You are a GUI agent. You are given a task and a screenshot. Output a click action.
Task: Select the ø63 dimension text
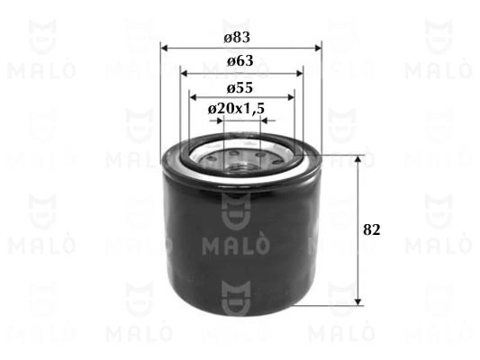pyautogui.click(x=239, y=61)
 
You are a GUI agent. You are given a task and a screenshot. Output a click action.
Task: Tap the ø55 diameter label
pyautogui.click(x=239, y=87)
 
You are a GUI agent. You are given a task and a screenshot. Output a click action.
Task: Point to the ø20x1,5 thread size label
pyautogui.click(x=236, y=108)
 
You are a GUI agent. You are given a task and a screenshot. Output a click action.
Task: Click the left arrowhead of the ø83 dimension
pyautogui.click(x=166, y=48)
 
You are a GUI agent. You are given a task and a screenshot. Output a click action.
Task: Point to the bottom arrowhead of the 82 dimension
pyautogui.click(x=358, y=301)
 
